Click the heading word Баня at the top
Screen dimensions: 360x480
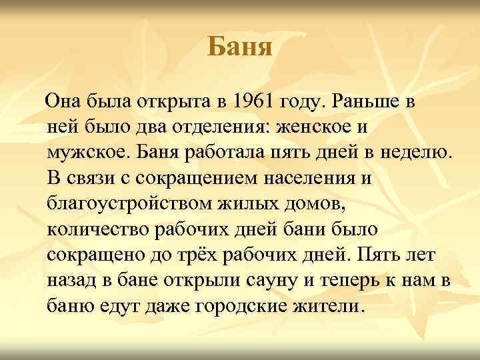pyautogui.click(x=239, y=47)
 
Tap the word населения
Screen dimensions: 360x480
pyautogui.click(x=309, y=179)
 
